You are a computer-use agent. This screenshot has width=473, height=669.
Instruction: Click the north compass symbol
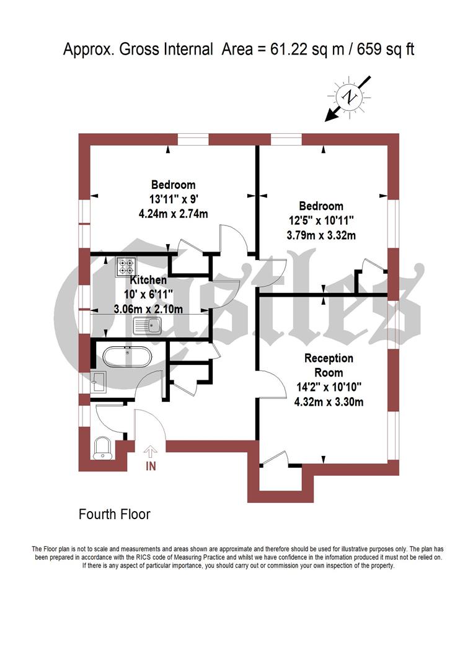pyautogui.click(x=351, y=97)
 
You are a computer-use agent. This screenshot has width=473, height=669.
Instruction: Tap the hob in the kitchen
pyautogui.click(x=126, y=266)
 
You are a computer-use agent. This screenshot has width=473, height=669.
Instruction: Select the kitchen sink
pyautogui.click(x=148, y=325)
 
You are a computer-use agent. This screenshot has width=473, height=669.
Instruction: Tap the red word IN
pyautogui.click(x=150, y=466)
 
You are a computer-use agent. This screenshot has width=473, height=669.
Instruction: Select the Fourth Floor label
pyautogui.click(x=115, y=514)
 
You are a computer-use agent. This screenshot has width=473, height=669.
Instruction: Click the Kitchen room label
pyautogui.click(x=148, y=281)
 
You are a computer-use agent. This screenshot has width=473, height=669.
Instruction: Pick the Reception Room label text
pyautogui.click(x=329, y=365)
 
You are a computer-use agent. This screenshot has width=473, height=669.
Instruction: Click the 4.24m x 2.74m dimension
pyautogui.click(x=174, y=214)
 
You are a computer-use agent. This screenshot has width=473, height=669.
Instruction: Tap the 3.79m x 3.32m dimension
pyautogui.click(x=321, y=235)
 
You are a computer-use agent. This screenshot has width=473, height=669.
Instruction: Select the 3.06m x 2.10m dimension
pyautogui.click(x=148, y=309)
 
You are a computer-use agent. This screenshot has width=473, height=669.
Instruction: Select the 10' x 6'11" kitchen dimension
pyautogui.click(x=148, y=295)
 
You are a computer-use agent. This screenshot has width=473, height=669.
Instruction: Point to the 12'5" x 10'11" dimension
pyautogui.click(x=321, y=221)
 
